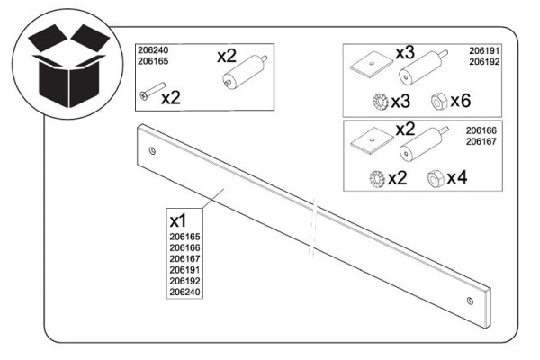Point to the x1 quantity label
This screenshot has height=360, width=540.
tap(180, 219)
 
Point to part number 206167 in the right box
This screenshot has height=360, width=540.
tap(483, 140)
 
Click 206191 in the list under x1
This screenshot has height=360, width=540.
tap(184, 269)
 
